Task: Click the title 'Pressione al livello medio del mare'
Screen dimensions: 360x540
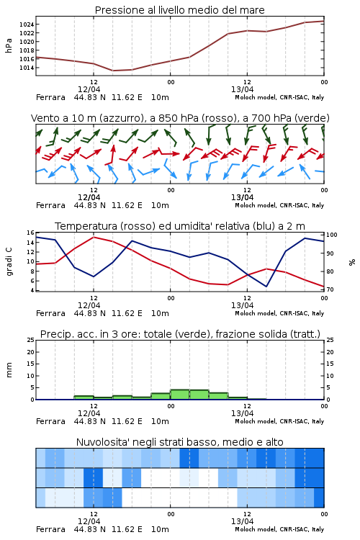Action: tap(179, 10)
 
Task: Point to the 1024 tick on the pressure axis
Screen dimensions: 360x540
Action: tap(26, 24)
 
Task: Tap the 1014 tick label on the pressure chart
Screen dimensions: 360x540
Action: tap(26, 68)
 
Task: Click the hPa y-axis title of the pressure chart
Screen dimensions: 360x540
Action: tap(9, 45)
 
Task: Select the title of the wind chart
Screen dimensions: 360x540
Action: tap(180, 118)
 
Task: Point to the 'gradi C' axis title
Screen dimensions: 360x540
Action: tap(9, 261)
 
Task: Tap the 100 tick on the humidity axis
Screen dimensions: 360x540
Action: tap(332, 235)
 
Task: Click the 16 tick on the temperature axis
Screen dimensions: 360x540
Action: tap(30, 233)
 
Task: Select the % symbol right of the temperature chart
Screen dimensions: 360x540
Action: tap(352, 262)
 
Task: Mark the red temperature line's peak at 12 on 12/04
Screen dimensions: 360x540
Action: tap(94, 238)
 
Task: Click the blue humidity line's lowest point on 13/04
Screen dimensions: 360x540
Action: tap(266, 286)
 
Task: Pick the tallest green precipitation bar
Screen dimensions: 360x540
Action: tap(180, 395)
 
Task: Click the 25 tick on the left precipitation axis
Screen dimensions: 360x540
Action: tap(30, 341)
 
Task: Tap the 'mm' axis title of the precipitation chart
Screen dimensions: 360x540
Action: tap(9, 370)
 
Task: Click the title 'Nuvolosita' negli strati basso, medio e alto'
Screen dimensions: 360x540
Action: tap(179, 442)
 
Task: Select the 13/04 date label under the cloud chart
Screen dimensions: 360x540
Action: tap(242, 521)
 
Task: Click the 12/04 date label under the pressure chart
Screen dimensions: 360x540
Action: tap(89, 89)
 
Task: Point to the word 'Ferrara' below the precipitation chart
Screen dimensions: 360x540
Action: tap(50, 421)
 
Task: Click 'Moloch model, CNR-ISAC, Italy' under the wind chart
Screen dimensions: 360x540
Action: tap(279, 206)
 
